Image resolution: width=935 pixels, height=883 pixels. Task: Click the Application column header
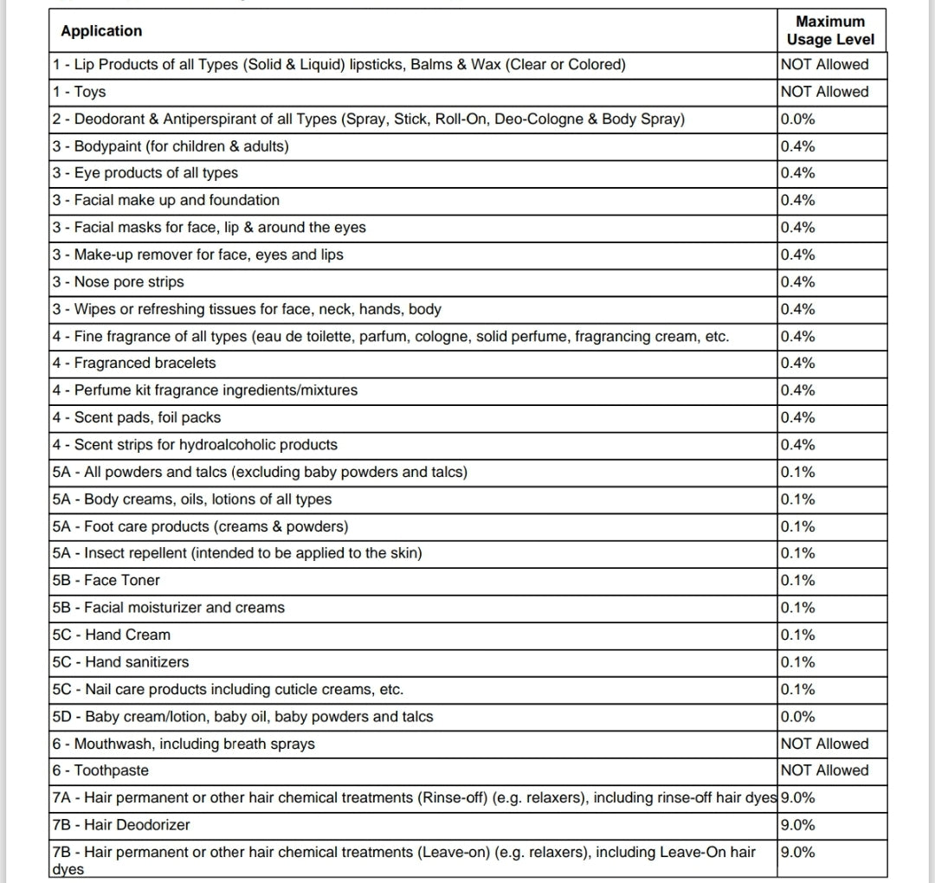pyautogui.click(x=101, y=31)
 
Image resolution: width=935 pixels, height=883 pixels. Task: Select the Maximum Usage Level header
pyautogui.click(x=830, y=30)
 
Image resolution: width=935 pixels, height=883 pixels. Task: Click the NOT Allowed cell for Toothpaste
pyautogui.click(x=824, y=770)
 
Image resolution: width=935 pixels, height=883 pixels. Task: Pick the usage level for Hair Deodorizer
pyautogui.click(x=797, y=825)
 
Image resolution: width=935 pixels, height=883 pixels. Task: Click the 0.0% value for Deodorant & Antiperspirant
pyautogui.click(x=797, y=119)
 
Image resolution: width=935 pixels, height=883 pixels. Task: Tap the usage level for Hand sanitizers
pyautogui.click(x=797, y=662)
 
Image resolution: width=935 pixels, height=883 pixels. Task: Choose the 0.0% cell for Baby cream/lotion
pyautogui.click(x=797, y=717)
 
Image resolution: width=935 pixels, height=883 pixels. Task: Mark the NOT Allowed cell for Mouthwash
pyautogui.click(x=824, y=744)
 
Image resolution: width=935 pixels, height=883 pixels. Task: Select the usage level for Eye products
pyautogui.click(x=797, y=173)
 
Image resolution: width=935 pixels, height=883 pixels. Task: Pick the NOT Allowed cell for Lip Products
pyautogui.click(x=824, y=64)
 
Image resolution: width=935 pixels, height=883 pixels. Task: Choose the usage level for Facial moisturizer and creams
pyautogui.click(x=797, y=608)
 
